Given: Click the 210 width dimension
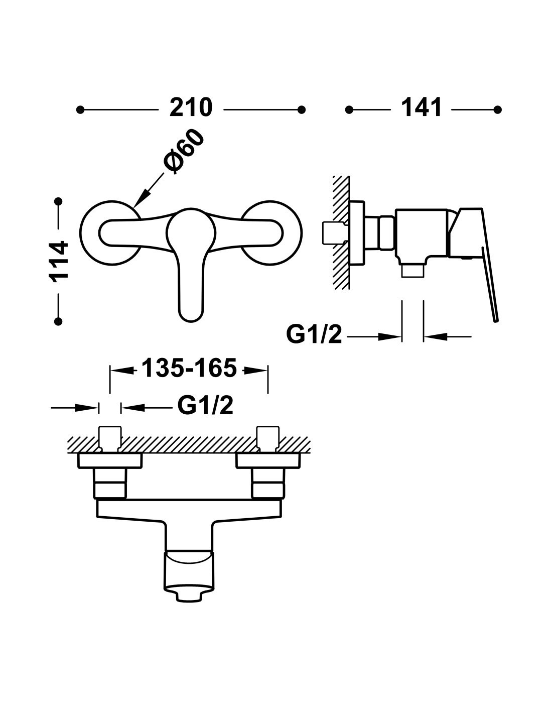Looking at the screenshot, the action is coord(191,107).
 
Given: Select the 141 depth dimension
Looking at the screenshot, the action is coord(422,107).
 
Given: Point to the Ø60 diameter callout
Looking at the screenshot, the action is coord(183,151).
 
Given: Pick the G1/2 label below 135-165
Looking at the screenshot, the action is coord(205,406).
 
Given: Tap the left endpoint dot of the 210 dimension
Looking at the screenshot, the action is coord(80,110).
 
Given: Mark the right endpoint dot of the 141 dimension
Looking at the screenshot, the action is coord(497,110).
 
